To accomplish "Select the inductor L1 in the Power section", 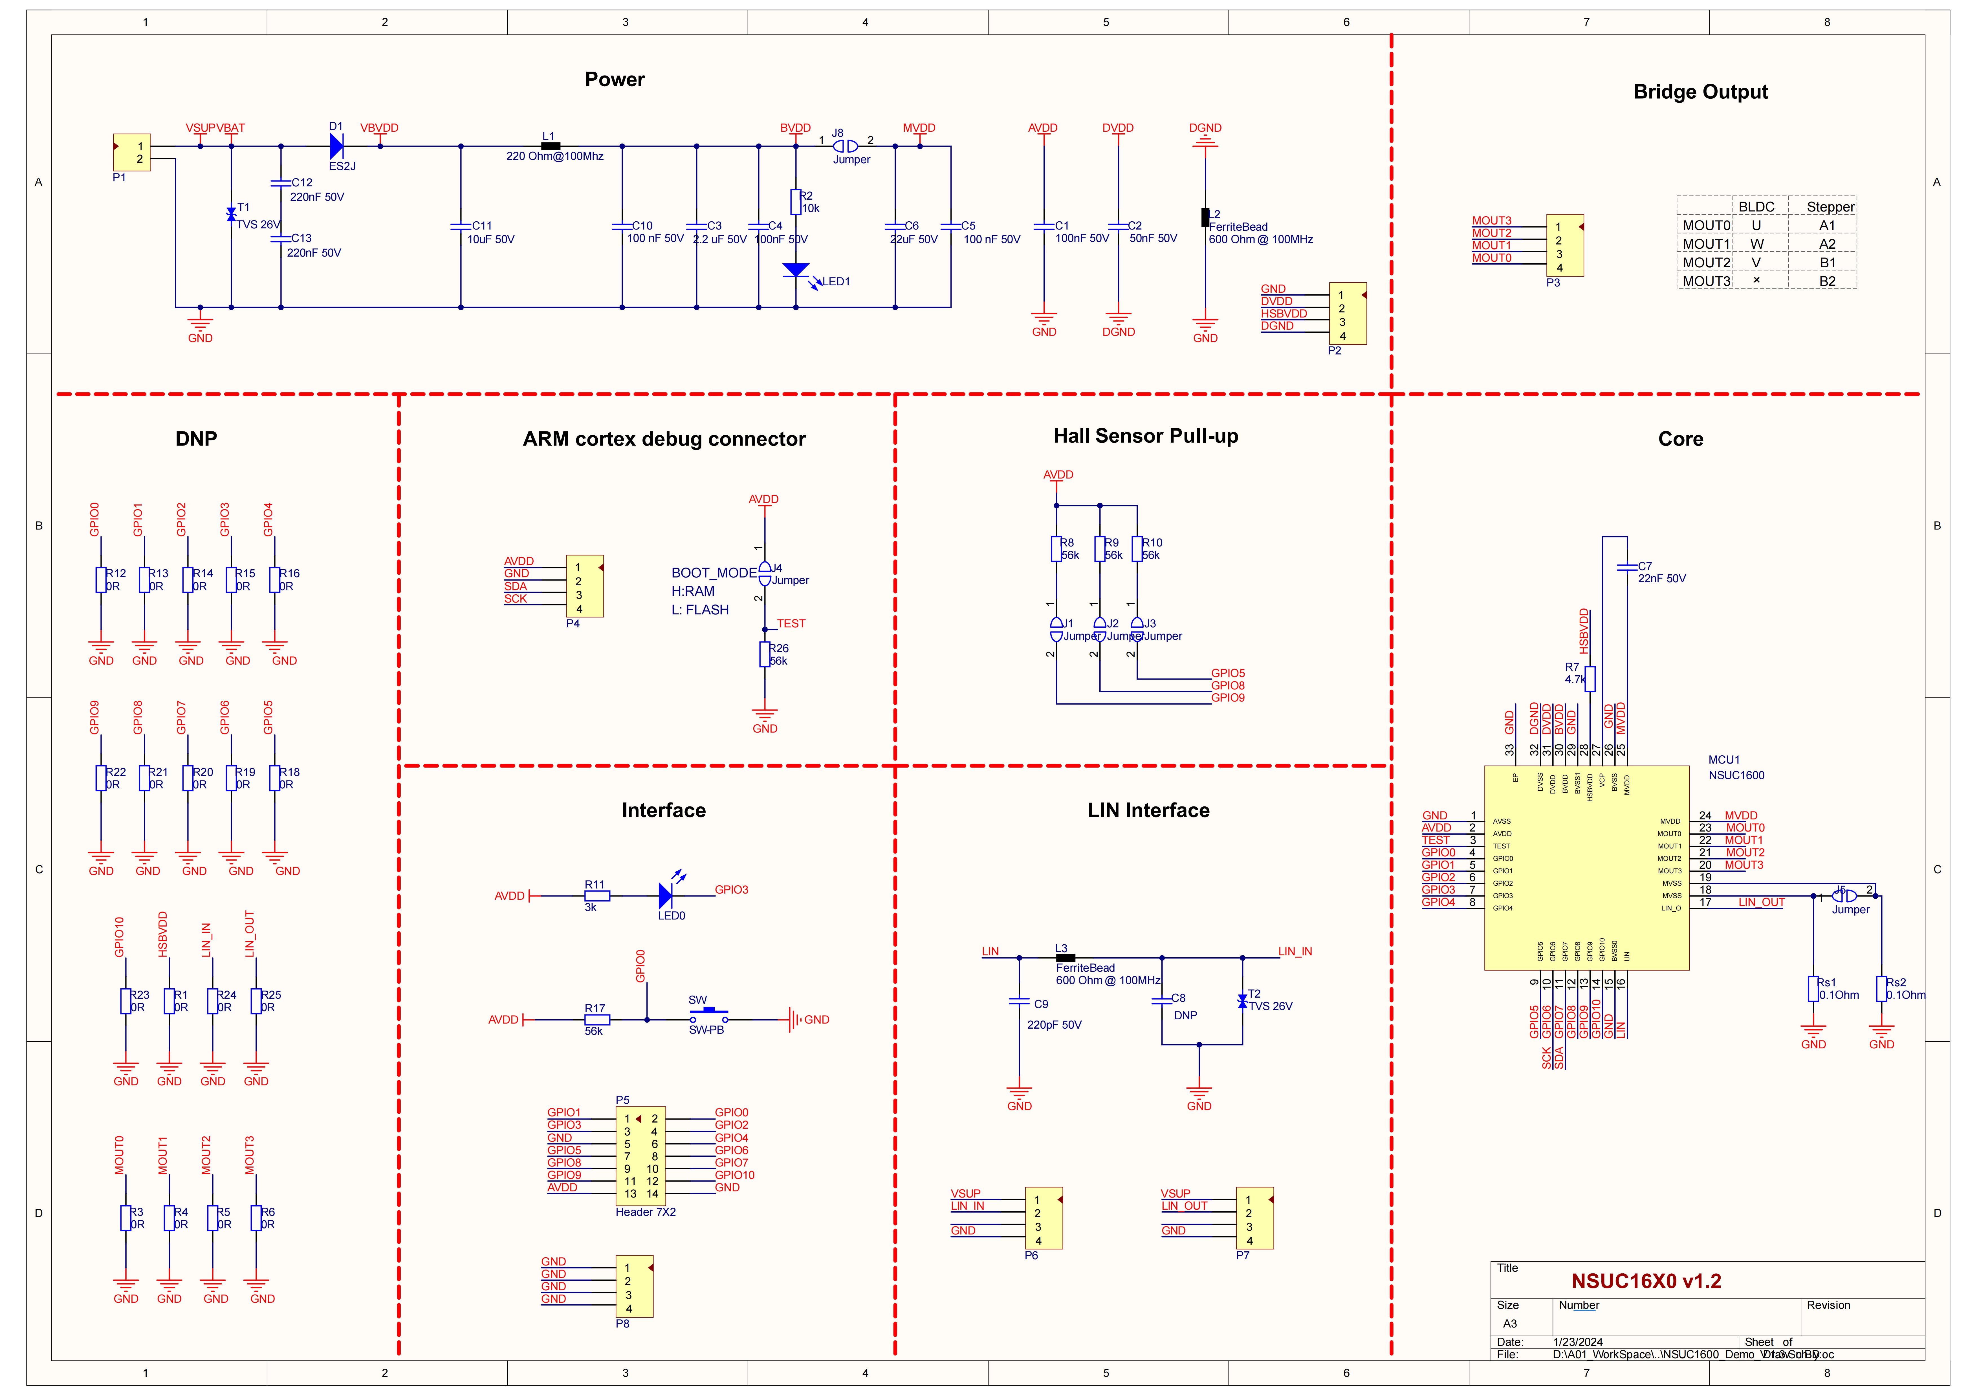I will click(x=550, y=146).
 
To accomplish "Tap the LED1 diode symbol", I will click(x=796, y=271).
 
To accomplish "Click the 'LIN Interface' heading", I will click(x=1148, y=810).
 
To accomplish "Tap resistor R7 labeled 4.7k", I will click(x=1590, y=679).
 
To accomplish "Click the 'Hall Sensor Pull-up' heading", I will click(x=1146, y=436).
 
